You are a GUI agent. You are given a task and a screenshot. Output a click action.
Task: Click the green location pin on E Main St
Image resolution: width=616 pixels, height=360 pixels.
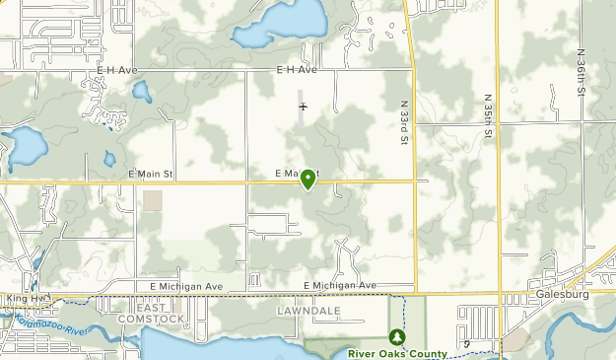[308, 179]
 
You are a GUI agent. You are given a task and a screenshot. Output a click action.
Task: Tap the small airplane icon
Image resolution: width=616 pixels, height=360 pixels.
[304, 107]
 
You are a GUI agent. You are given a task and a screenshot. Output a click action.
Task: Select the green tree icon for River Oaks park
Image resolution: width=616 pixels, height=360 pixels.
[396, 337]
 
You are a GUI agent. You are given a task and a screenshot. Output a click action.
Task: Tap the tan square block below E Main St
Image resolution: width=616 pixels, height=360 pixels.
[153, 200]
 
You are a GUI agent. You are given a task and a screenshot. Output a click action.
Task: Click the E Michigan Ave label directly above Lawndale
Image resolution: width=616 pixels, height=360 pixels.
[340, 285]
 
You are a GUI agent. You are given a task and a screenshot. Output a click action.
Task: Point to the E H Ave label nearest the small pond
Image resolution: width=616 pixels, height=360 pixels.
[116, 71]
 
